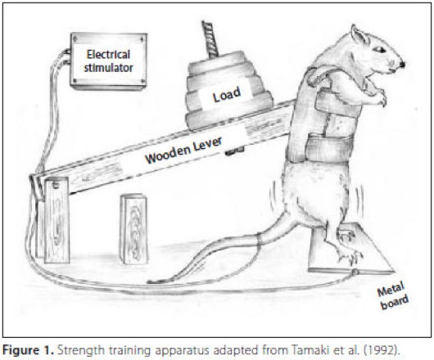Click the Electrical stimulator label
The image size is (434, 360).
108,61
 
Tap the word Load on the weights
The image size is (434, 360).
227,95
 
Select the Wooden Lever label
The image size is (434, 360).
183,150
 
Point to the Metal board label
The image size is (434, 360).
392,295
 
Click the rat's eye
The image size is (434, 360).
379,49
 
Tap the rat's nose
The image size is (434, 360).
402,65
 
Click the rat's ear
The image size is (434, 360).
359,34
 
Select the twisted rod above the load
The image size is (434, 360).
210,39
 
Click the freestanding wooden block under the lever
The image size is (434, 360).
134,229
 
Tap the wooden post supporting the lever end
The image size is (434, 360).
57,220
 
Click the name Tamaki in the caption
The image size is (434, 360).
306,350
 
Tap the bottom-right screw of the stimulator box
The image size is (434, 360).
142,81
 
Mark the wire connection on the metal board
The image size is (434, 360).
355,272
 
